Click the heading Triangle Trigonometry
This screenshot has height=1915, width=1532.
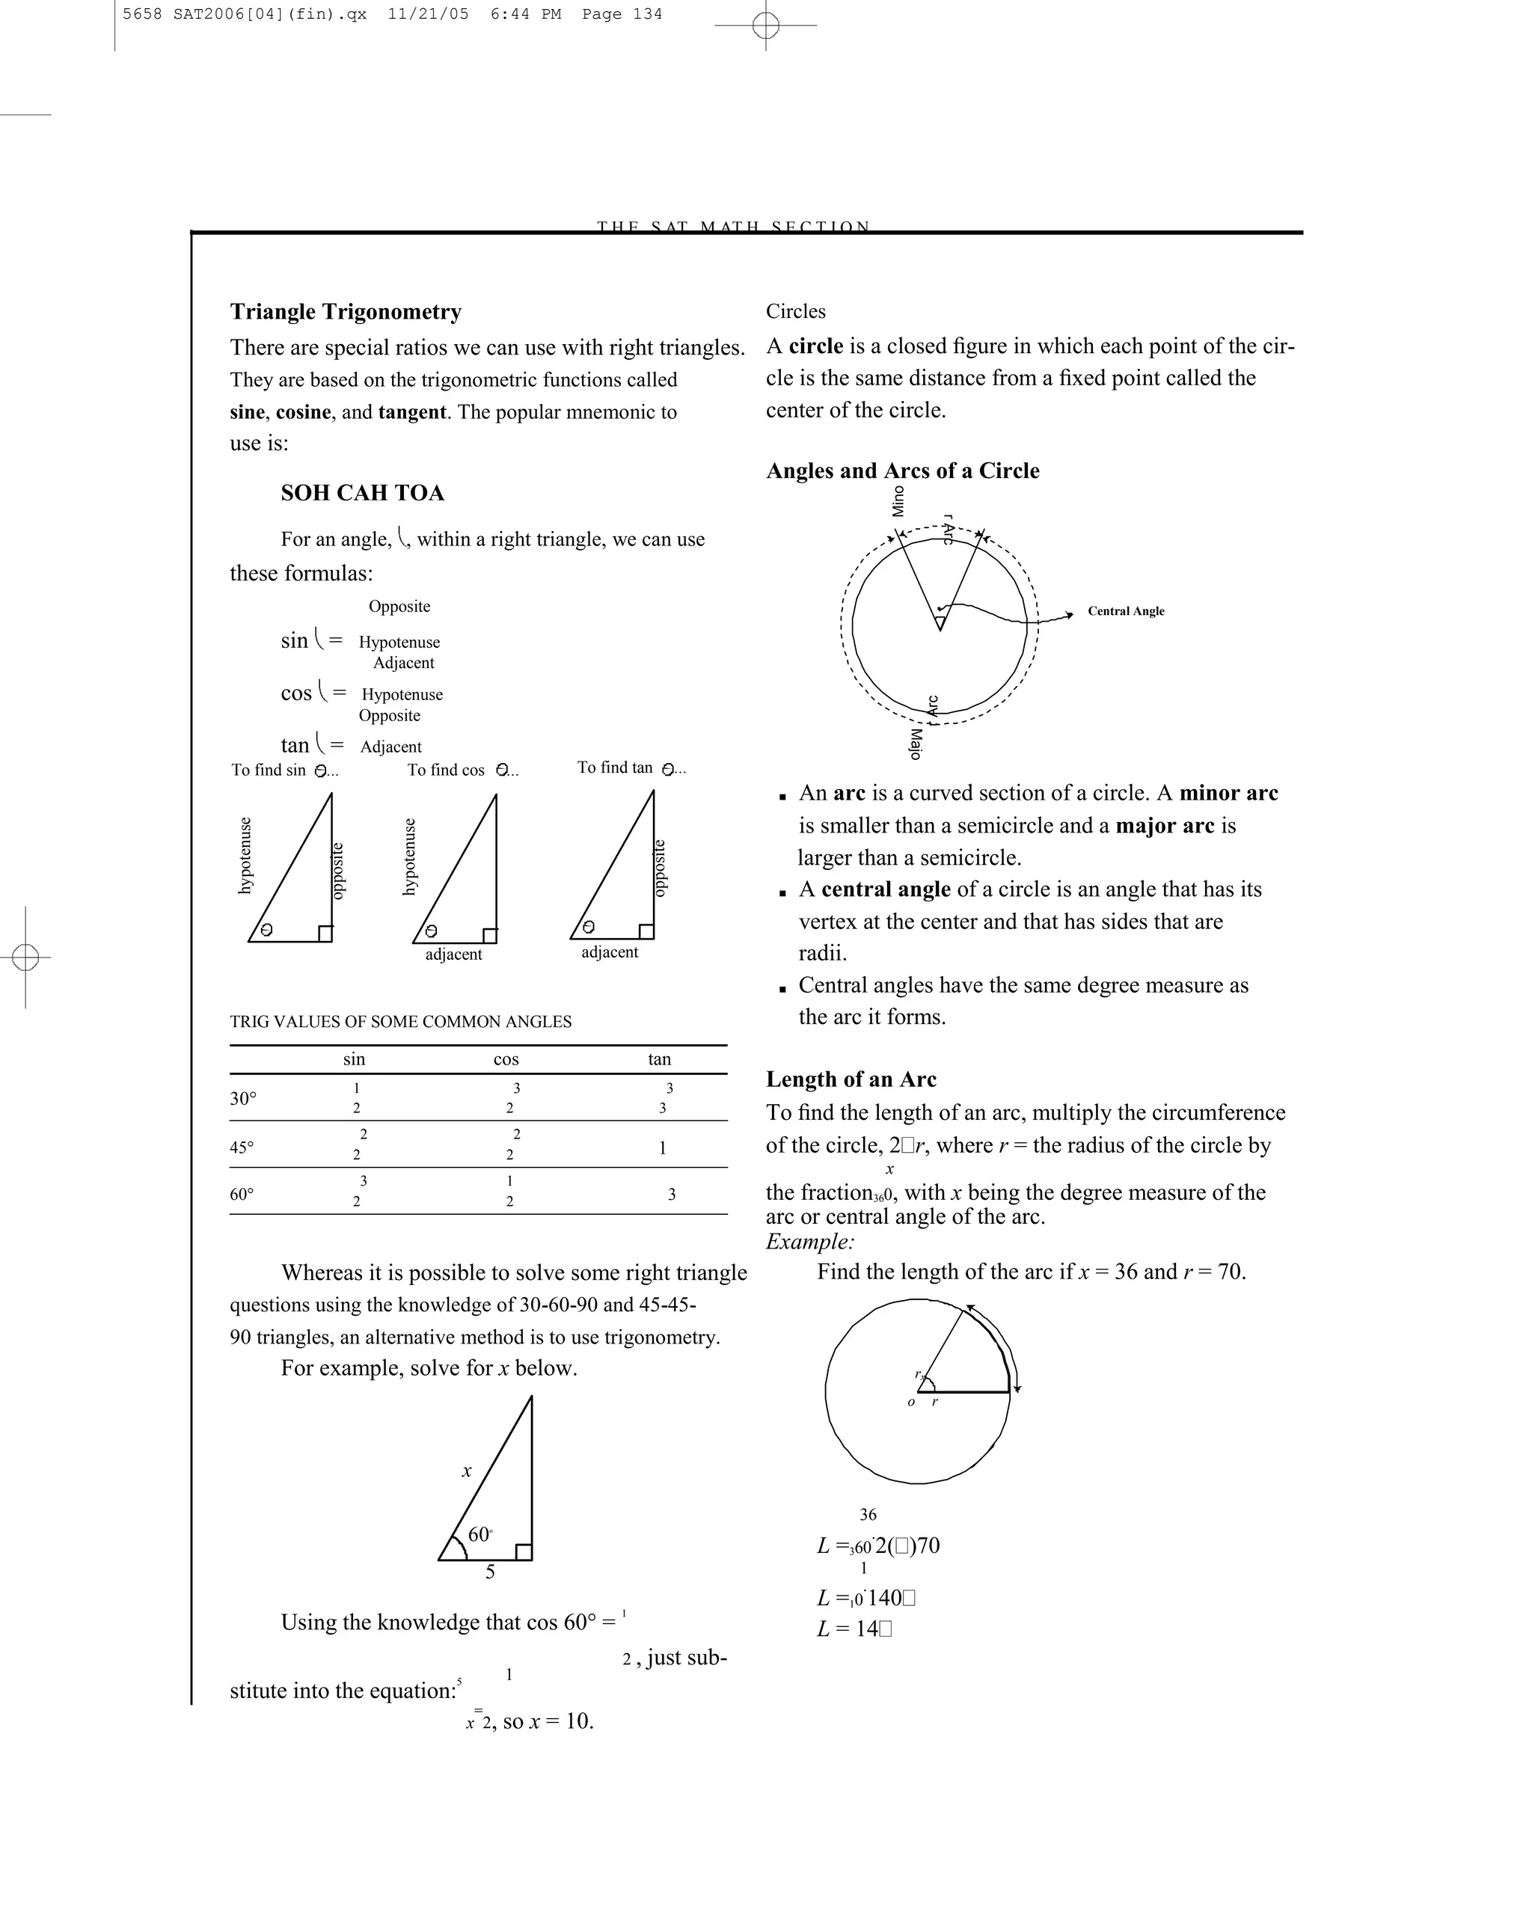tap(346, 312)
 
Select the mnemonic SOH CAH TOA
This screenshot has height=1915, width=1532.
tap(362, 493)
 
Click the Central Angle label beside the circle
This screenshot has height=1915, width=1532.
tap(1125, 611)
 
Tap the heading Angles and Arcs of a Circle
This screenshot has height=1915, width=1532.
tap(902, 471)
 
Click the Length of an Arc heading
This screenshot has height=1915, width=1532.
tap(851, 1079)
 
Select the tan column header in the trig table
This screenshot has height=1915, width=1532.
tap(659, 1058)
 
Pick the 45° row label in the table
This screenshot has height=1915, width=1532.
tap(242, 1147)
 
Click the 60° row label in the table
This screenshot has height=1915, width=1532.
tap(242, 1194)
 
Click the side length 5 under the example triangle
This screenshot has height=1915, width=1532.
tap(490, 1572)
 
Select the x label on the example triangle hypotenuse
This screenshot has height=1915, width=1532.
tap(466, 1471)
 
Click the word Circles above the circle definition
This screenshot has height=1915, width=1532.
tap(796, 312)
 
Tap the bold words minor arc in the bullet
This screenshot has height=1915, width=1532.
tap(1228, 793)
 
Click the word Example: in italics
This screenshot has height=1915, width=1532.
tap(810, 1242)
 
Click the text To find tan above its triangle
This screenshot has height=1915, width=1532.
tap(615, 767)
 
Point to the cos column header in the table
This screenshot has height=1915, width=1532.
tap(506, 1058)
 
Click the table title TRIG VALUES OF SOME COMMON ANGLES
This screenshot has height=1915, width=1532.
tap(400, 1021)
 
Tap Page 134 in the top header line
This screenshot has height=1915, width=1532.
tap(622, 14)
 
